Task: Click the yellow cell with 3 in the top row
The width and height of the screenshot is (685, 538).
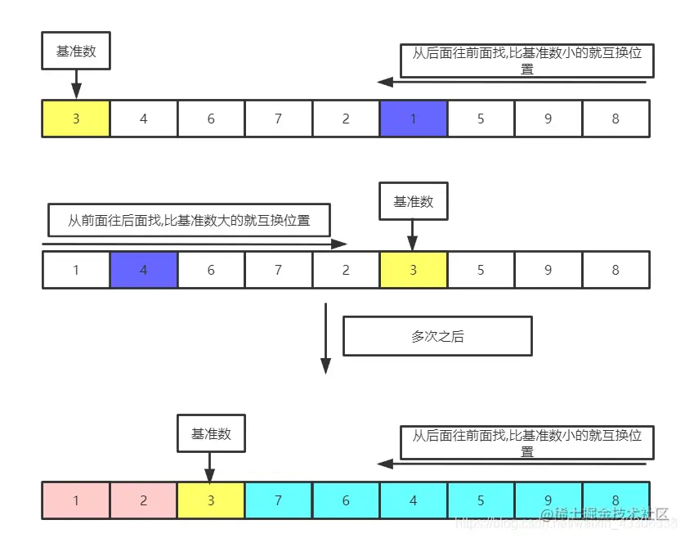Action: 76,119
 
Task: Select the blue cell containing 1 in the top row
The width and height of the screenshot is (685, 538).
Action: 414,119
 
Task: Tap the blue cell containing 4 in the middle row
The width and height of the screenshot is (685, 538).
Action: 144,270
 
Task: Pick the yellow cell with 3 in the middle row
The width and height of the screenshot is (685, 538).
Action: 414,270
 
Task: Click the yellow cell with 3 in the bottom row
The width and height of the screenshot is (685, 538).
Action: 211,500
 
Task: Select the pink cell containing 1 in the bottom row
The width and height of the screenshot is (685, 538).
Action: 76,500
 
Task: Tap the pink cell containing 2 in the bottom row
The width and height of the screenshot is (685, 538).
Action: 144,500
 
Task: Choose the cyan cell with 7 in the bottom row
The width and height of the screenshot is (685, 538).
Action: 279,500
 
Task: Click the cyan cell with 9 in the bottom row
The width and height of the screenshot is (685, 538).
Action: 548,500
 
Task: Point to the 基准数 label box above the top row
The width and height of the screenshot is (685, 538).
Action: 76,51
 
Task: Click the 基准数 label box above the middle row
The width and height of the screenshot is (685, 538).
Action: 414,201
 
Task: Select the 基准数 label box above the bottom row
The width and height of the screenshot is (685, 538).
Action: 211,433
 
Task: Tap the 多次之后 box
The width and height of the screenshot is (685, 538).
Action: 437,336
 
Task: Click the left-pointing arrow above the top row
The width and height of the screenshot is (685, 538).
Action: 512,82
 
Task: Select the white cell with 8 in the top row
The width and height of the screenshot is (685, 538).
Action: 616,119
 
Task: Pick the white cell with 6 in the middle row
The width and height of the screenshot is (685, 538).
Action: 211,270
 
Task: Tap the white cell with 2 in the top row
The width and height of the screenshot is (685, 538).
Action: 346,119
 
